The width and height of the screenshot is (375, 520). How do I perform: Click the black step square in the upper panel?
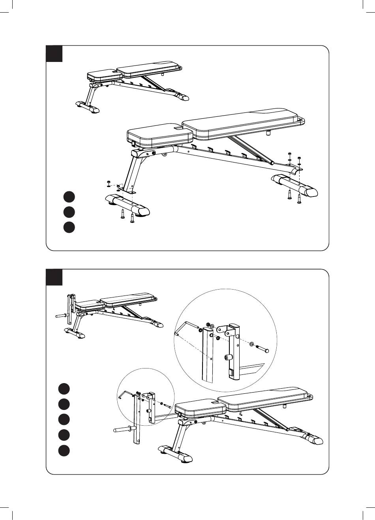54,54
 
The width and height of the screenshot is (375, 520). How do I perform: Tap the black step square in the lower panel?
54,277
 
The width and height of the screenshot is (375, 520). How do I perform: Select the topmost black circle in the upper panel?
69,196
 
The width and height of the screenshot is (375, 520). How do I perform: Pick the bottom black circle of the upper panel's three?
69,228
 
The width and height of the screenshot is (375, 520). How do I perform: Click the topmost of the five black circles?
63,388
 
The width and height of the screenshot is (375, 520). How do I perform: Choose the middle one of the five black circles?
63,419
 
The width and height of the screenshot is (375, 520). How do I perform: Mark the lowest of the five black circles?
63,451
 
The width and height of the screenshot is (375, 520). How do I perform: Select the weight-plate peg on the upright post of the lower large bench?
124,428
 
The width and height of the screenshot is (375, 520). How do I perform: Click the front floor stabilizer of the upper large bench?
127,204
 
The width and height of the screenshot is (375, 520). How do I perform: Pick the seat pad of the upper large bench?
160,135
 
